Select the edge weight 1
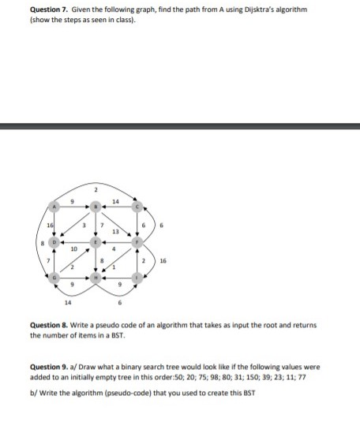[115, 271]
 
